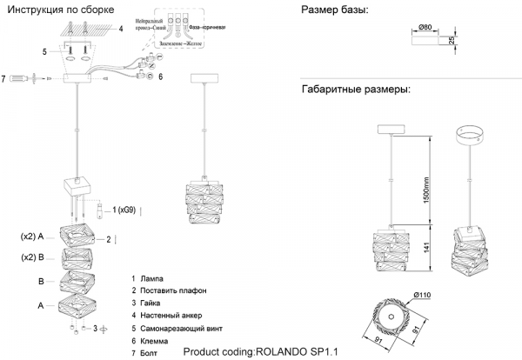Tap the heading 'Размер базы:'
334,10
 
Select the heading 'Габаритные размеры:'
355,90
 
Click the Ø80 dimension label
425,28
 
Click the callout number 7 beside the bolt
4,78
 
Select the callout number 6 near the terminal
159,77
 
